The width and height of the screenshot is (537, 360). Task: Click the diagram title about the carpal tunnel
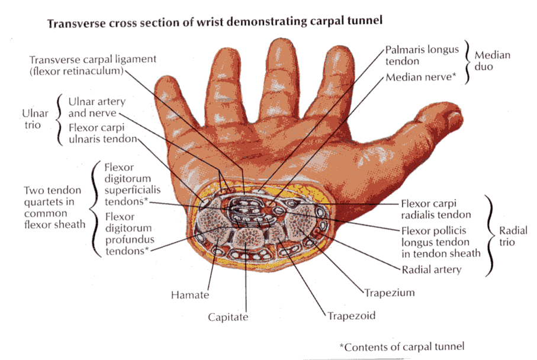coord(215,23)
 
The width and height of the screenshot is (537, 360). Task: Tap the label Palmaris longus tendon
coord(422,55)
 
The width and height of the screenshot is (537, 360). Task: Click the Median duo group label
coord(493,60)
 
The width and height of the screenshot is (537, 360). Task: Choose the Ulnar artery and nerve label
coord(97,107)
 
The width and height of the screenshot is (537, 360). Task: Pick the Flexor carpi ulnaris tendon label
coord(102,133)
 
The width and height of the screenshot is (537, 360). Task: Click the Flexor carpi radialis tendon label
coord(436,208)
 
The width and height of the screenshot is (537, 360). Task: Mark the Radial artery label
coord(431,270)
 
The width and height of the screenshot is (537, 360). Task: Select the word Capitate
coord(227,317)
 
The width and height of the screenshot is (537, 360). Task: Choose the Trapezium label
coord(388,292)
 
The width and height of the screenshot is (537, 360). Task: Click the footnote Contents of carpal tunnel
coord(402,346)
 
